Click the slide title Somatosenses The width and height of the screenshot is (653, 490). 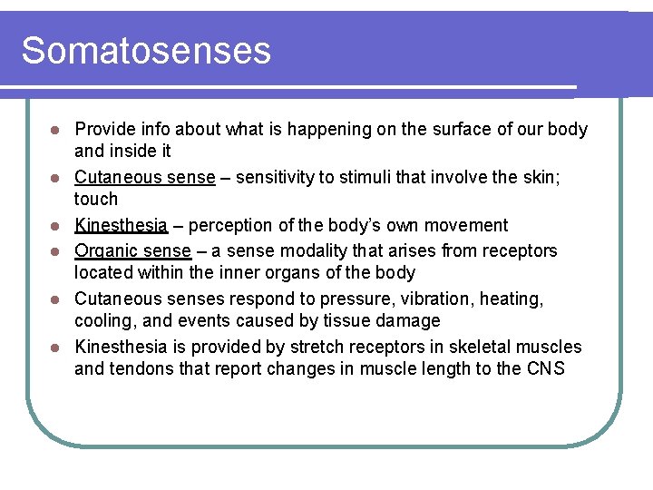pyautogui.click(x=146, y=51)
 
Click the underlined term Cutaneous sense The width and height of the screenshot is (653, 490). pyautogui.click(x=144, y=177)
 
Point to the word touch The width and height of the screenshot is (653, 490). pyautogui.click(x=96, y=199)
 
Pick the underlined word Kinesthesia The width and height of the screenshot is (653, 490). pyautogui.click(x=121, y=225)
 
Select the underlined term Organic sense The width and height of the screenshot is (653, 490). pyautogui.click(x=132, y=250)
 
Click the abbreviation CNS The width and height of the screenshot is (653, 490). pyautogui.click(x=544, y=368)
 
